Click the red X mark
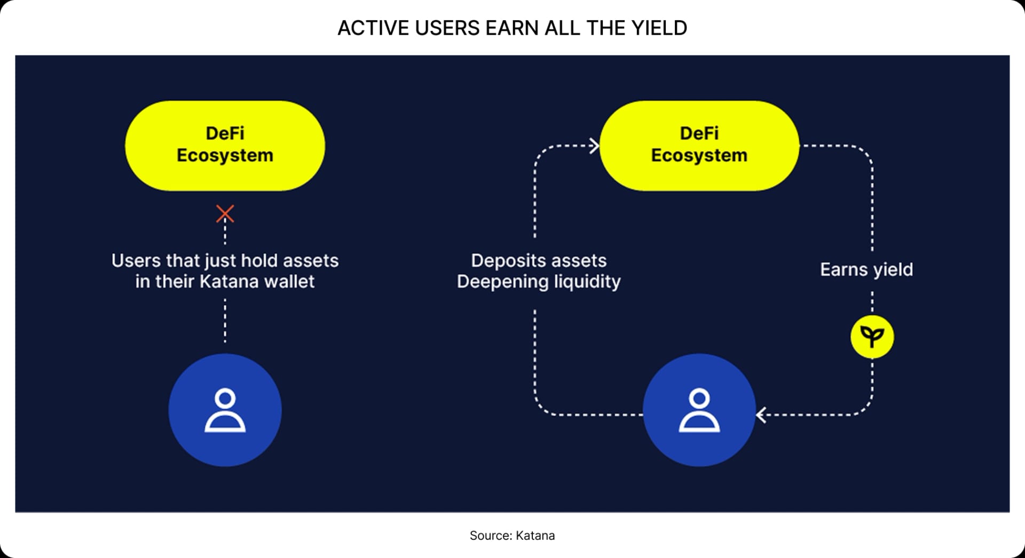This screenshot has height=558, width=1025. click(x=225, y=213)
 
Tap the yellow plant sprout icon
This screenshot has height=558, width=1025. click(x=872, y=337)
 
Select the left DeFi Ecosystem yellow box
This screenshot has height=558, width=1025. click(x=225, y=145)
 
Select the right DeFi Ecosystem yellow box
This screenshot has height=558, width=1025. click(x=699, y=145)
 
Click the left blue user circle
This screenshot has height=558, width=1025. click(x=225, y=410)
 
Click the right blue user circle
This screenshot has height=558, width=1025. click(x=699, y=410)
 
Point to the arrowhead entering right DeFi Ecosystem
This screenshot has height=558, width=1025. click(x=594, y=146)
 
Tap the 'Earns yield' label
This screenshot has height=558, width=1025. click(x=866, y=269)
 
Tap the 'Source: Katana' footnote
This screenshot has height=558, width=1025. click(x=512, y=535)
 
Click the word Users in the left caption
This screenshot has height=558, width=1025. click(x=136, y=261)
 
